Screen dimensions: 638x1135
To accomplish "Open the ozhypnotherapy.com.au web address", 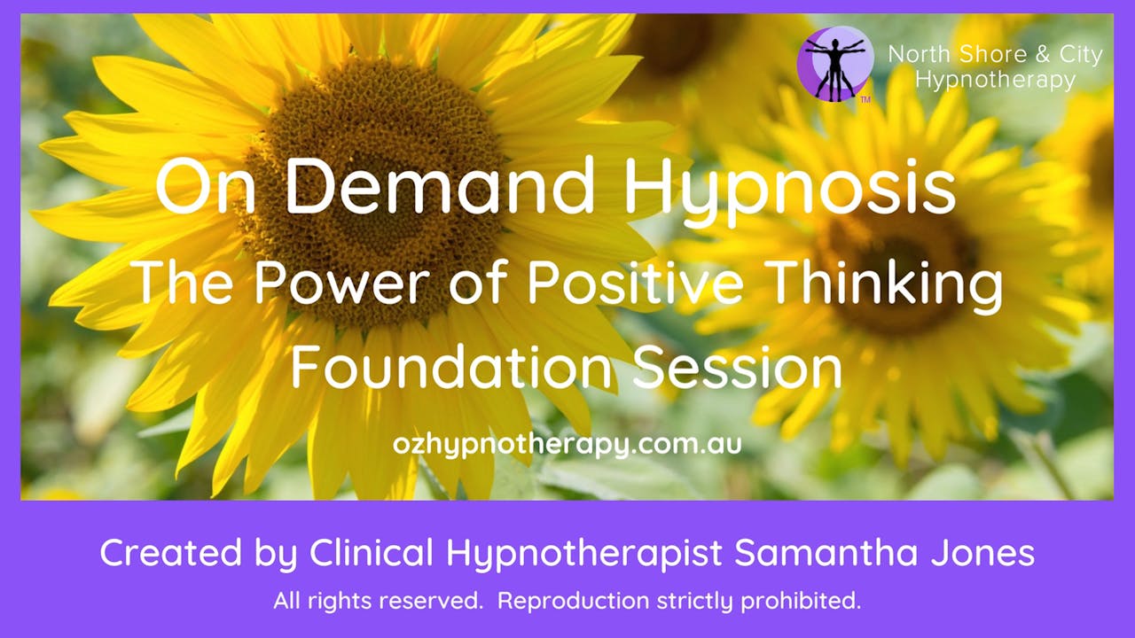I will coord(567,443).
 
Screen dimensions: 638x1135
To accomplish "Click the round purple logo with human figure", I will coord(834,64).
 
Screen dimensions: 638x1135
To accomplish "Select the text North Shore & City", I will coord(995,55).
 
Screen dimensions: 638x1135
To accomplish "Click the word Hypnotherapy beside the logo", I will coord(995,80).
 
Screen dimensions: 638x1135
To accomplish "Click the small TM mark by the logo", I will coord(865,100).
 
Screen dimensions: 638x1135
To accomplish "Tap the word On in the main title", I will coord(194,187).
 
